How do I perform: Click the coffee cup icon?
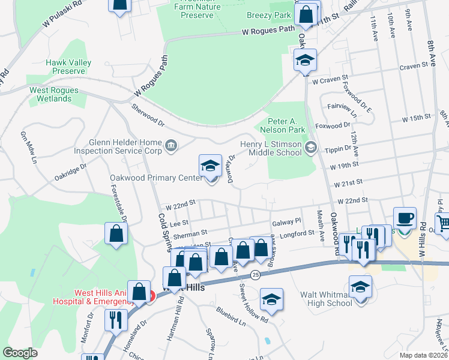tap(405, 218)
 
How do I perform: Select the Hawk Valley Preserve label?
tap(69, 67)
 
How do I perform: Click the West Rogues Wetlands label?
tap(54, 94)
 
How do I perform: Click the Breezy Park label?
tap(268, 14)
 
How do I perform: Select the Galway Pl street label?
tap(286, 223)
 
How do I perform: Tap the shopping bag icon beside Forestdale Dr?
tap(116, 235)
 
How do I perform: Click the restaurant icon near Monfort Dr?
tap(113, 320)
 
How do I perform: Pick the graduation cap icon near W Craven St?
tap(305, 60)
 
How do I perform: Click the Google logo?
tap(20, 353)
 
